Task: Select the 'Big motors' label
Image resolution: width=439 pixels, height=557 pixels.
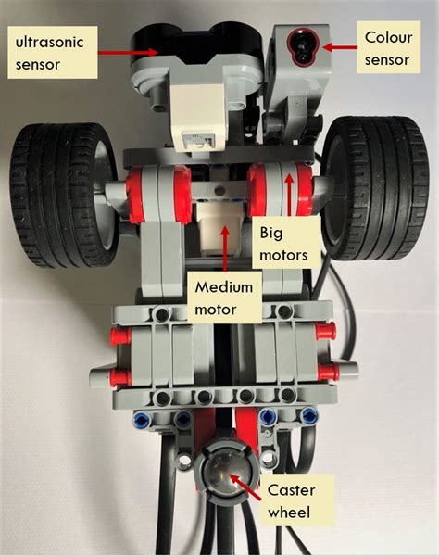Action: (x=288, y=240)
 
